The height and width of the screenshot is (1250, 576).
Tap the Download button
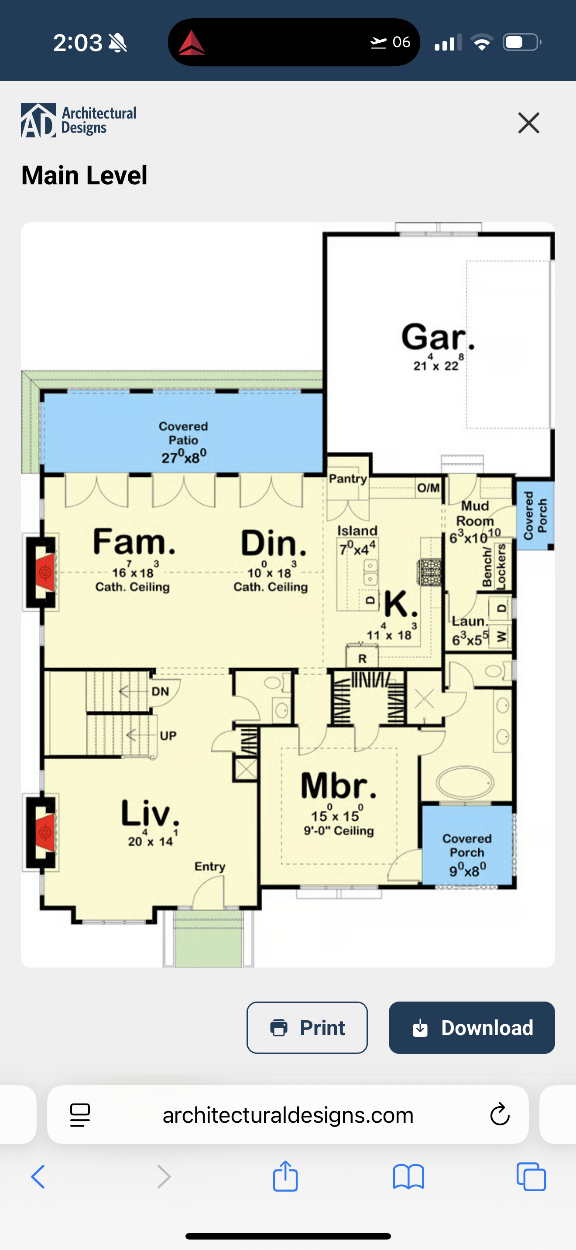coord(472,1027)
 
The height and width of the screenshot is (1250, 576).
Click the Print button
coord(307,1027)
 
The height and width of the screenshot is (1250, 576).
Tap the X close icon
coord(529,123)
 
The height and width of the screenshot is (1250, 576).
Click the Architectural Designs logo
coord(79,120)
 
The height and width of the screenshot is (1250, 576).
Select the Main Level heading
coord(84,175)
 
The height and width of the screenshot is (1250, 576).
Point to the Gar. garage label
coord(438,337)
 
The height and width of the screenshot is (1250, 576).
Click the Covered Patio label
coord(184,433)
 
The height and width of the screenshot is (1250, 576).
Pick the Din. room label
coord(274,543)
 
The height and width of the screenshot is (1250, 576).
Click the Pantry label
coord(348,479)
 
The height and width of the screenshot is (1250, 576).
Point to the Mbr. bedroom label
coord(339,786)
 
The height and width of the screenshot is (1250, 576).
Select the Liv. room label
coord(150,813)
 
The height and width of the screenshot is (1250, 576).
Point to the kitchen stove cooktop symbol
coord(430,573)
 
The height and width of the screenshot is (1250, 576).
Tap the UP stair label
coord(168,736)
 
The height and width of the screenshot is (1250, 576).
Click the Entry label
coord(210,866)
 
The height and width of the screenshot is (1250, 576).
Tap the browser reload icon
coord(500,1114)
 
